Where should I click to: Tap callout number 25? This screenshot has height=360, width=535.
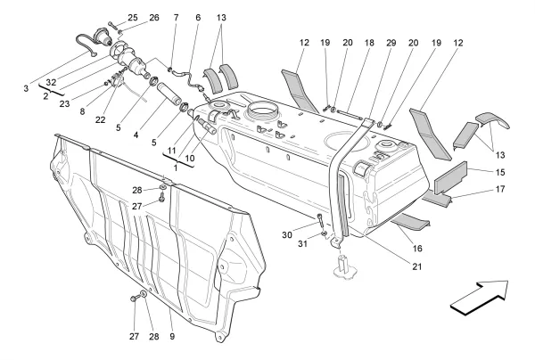pyautogui.click(x=133, y=18)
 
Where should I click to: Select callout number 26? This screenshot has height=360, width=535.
pyautogui.click(x=154, y=18)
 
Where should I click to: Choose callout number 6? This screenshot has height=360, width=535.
pyautogui.click(x=197, y=18)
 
